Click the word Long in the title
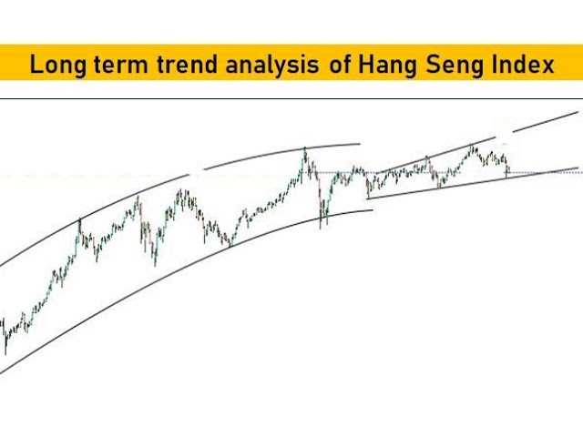click(56, 66)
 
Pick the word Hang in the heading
click(384, 66)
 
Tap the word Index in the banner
click(522, 66)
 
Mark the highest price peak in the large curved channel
click(305, 148)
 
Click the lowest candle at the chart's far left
click(5, 350)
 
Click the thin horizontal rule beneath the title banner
click(291, 97)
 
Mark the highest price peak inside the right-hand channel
click(472, 146)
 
